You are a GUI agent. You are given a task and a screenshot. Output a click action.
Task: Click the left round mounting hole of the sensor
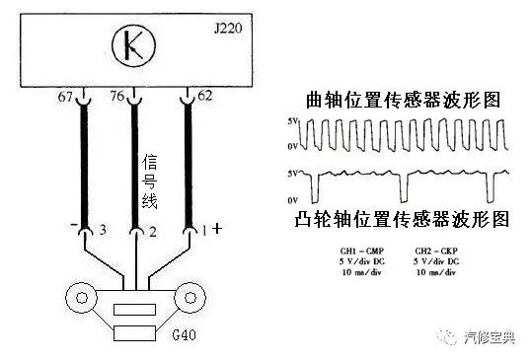tap(81, 296)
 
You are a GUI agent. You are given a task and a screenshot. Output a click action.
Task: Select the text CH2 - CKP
tap(436, 252)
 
